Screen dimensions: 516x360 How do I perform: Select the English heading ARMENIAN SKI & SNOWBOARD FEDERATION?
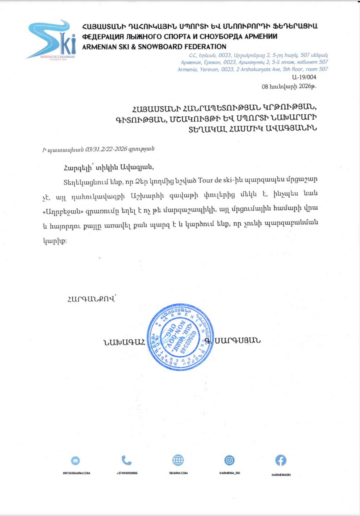pos(154,46)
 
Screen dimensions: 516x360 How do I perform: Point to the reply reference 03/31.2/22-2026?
pos(108,149)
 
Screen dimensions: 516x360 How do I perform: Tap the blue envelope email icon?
pos(76,460)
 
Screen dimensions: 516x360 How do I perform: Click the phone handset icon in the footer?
pos(127,460)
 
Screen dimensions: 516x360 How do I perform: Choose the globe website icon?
pos(178,460)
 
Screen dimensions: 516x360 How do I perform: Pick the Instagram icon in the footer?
pos(230,460)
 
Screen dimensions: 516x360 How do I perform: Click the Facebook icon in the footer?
pos(281,460)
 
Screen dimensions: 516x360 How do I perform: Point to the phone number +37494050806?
pos(127,473)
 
